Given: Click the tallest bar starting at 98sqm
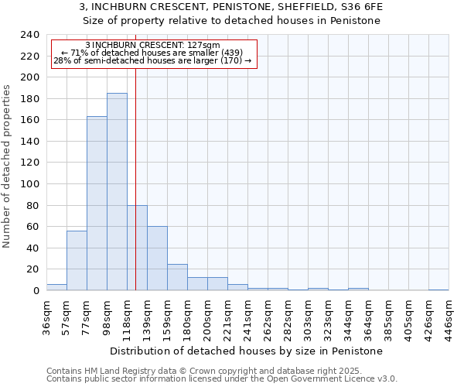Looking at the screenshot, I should click(x=117, y=192).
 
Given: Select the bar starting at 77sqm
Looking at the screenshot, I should click(x=97, y=204).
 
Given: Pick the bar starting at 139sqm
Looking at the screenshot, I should click(x=157, y=259).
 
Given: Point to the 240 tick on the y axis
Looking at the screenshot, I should click(x=29, y=35).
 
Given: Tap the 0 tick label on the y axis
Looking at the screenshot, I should click(x=36, y=291).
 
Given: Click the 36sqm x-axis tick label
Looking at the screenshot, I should click(x=47, y=316).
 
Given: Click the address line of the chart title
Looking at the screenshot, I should click(x=231, y=7).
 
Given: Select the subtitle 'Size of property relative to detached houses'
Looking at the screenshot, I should click(x=231, y=21).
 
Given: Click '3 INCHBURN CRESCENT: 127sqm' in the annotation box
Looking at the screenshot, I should click(x=152, y=45).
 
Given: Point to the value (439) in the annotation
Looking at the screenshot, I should click(x=232, y=53).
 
